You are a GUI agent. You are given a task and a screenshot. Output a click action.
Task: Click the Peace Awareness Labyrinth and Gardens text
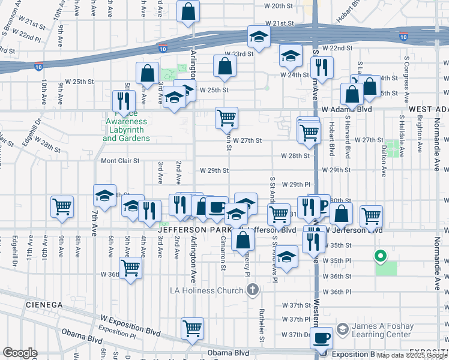coord(127,126)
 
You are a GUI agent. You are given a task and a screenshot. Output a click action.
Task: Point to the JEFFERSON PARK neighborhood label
coord(195,230)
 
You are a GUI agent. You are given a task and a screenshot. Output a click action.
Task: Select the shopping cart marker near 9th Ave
coord(62,206)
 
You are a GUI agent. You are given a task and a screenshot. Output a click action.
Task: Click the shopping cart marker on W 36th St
coord(130,267)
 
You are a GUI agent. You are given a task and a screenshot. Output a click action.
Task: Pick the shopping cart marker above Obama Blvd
coord(193,328)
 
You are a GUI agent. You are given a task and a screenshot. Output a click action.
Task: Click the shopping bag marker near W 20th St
coord(188,11)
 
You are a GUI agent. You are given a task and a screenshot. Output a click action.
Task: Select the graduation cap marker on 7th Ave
coord(104,196)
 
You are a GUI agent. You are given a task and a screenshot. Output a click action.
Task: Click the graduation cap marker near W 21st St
coord(259,38)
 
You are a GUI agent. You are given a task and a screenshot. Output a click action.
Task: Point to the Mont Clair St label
coord(120,161)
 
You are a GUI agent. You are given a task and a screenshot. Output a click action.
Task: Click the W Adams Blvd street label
coord(346,110)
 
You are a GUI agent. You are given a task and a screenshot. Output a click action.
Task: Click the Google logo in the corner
coord(20,353)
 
